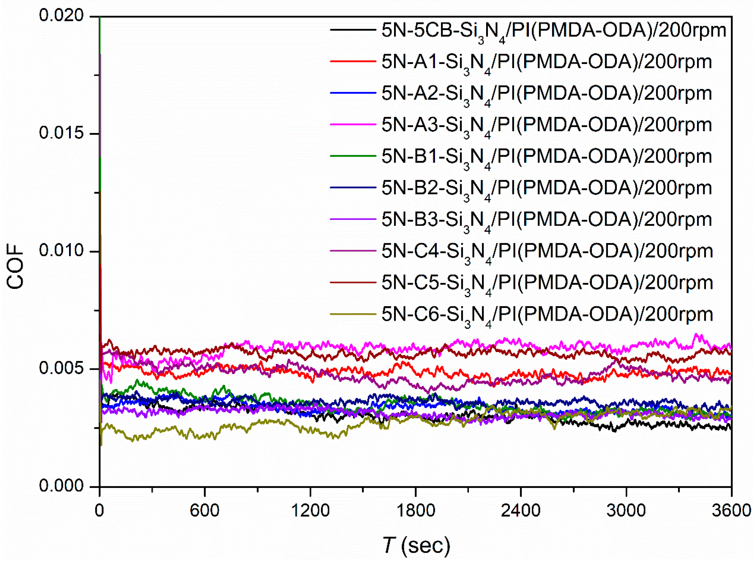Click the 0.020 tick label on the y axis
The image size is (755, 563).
point(61,16)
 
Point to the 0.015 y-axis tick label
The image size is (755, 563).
point(61,133)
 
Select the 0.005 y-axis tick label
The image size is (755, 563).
point(61,368)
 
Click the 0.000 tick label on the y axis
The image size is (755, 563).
point(61,486)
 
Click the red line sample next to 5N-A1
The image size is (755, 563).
point(353,61)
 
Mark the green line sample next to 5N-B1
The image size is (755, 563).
point(353,156)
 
